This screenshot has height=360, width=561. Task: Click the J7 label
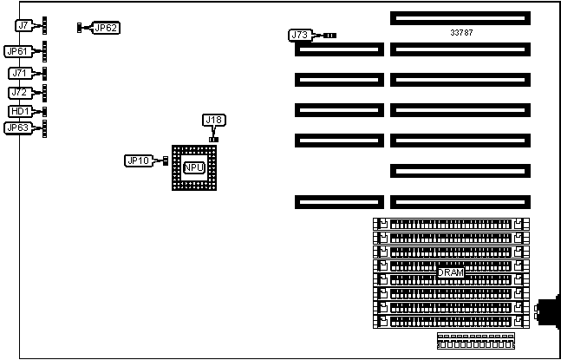click(23, 26)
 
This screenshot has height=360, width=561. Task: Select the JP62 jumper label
click(106, 28)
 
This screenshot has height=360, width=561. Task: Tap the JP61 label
click(20, 51)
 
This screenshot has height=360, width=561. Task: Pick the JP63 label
click(18, 128)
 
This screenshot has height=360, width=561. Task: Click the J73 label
click(300, 36)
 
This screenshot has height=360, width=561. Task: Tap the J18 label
click(213, 120)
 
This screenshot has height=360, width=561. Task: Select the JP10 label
click(139, 160)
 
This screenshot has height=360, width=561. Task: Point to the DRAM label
click(450, 272)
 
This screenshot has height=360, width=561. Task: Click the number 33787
click(461, 32)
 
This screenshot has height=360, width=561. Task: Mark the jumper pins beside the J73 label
click(329, 36)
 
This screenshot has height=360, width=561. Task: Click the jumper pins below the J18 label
click(213, 138)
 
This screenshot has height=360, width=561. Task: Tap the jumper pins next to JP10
click(164, 160)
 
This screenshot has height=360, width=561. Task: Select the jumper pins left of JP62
click(81, 28)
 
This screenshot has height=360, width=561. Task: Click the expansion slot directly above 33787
click(459, 17)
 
